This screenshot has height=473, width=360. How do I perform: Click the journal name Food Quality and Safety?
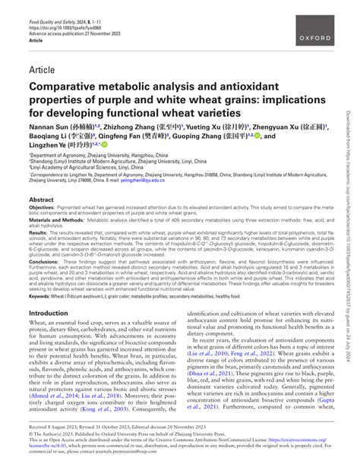point(53,6)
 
